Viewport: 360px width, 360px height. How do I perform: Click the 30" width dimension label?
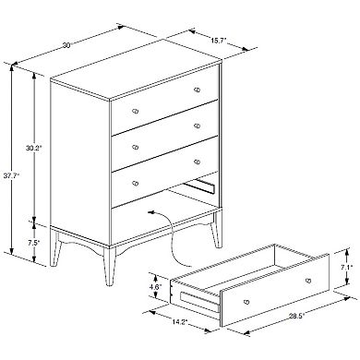(66, 45)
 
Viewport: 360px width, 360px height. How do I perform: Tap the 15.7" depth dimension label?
(219, 40)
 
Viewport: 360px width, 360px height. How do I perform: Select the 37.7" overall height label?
(11, 175)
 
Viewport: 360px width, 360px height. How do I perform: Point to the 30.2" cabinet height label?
(33, 148)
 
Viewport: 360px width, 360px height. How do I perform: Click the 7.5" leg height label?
(33, 243)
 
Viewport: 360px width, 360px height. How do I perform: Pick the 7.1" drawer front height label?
(346, 267)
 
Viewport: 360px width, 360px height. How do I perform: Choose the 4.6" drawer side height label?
(155, 287)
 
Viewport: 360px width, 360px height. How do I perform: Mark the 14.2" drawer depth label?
(180, 322)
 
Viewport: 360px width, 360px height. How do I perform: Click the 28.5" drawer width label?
(296, 316)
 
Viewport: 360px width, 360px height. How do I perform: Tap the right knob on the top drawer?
(198, 90)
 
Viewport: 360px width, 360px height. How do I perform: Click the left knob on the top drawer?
(135, 111)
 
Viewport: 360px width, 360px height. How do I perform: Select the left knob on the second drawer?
(135, 147)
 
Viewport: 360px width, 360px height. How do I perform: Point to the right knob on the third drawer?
(198, 162)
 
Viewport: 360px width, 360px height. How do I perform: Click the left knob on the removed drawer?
(246, 302)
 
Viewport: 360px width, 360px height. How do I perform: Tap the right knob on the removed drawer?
(308, 281)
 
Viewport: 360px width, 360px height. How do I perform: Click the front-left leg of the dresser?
(54, 248)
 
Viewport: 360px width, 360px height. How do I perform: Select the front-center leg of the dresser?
(109, 267)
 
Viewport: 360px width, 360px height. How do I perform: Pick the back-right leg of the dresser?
(217, 230)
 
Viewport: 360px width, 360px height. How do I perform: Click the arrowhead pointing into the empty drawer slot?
(151, 212)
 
